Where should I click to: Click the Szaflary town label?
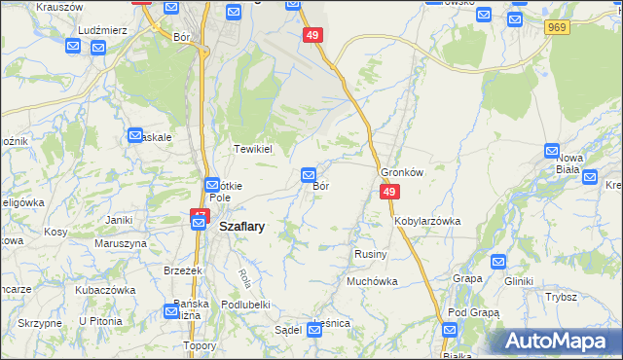pos(242,225)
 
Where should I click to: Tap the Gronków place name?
pos(403,171)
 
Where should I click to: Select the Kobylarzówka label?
pos(427,221)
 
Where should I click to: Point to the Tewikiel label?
pos(251,149)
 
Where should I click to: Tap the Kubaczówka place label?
pos(104,289)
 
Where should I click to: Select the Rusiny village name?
pos(371,254)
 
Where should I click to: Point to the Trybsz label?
pos(562,297)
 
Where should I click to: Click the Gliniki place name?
pos(519,281)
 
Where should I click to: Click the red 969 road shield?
pos(557,27)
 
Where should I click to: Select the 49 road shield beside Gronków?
pos(388,193)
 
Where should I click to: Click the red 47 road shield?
pos(200,215)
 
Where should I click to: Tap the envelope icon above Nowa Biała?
pos(552,151)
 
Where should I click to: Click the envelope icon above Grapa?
pos(498,261)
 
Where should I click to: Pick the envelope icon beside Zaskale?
pos(136,135)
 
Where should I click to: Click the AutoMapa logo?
pos(563,341)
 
